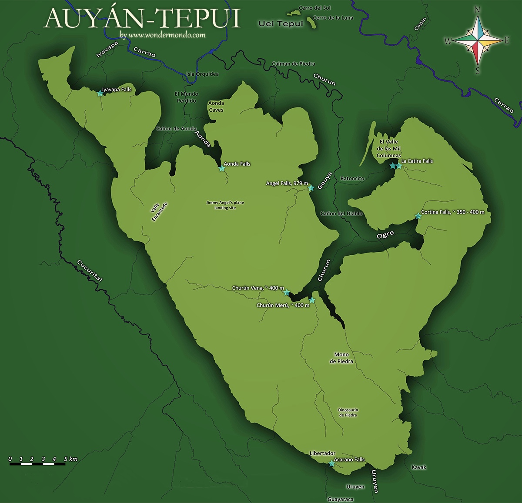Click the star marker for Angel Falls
[x=311, y=188]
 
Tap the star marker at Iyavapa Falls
[x=100, y=93]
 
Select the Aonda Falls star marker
[x=221, y=168]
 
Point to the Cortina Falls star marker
[x=418, y=216]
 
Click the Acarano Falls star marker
[x=332, y=463]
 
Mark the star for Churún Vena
[x=287, y=293]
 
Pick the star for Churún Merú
[x=312, y=300]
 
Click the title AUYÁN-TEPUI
[x=142, y=18]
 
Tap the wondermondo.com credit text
[x=162, y=35]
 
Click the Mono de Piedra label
[x=341, y=358]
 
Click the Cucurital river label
[x=89, y=270]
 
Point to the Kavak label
[x=419, y=467]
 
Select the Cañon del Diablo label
[x=341, y=213]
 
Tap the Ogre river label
[x=385, y=234]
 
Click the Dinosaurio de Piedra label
[x=348, y=412]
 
